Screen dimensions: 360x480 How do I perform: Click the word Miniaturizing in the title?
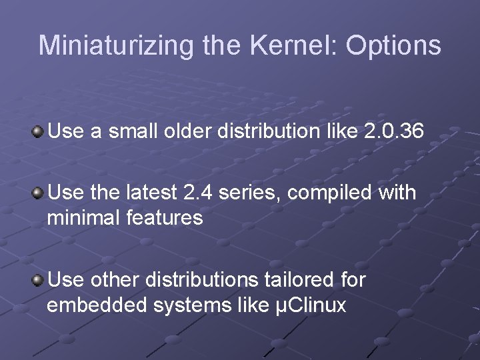click(x=116, y=45)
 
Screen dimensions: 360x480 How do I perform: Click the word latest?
click(x=151, y=193)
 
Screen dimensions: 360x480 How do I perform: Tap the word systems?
click(x=183, y=305)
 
